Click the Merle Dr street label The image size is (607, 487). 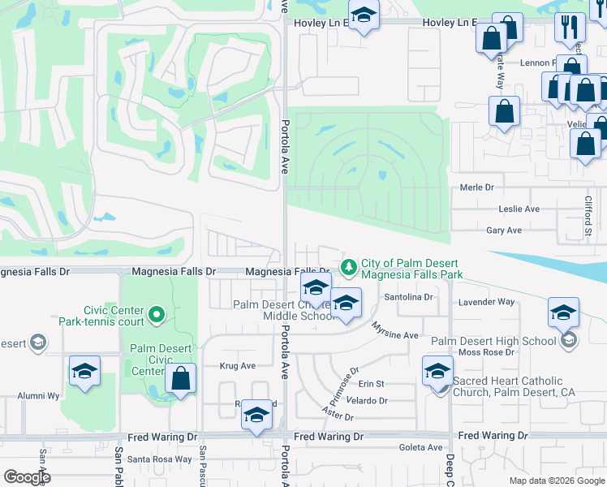pyautogui.click(x=476, y=187)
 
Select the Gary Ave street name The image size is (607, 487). pyautogui.click(x=503, y=231)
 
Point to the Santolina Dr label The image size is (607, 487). pyautogui.click(x=409, y=298)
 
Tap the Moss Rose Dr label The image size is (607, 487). pyautogui.click(x=487, y=352)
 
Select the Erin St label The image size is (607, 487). pyautogui.click(x=371, y=383)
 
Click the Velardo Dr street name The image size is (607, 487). pyautogui.click(x=367, y=400)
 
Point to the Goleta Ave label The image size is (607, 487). pyautogui.click(x=420, y=447)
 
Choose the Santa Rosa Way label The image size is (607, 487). pyautogui.click(x=160, y=459)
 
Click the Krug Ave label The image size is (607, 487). pyautogui.click(x=237, y=366)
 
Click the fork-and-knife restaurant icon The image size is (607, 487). pyautogui.click(x=570, y=26)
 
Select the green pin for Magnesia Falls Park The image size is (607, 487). pyautogui.click(x=349, y=266)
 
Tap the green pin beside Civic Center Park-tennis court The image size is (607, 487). pyautogui.click(x=158, y=312)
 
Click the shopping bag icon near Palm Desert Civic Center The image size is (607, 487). pyautogui.click(x=180, y=378)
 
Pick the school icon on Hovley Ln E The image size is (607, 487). pyautogui.click(x=364, y=15)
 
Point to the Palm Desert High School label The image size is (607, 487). pyautogui.click(x=493, y=341)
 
